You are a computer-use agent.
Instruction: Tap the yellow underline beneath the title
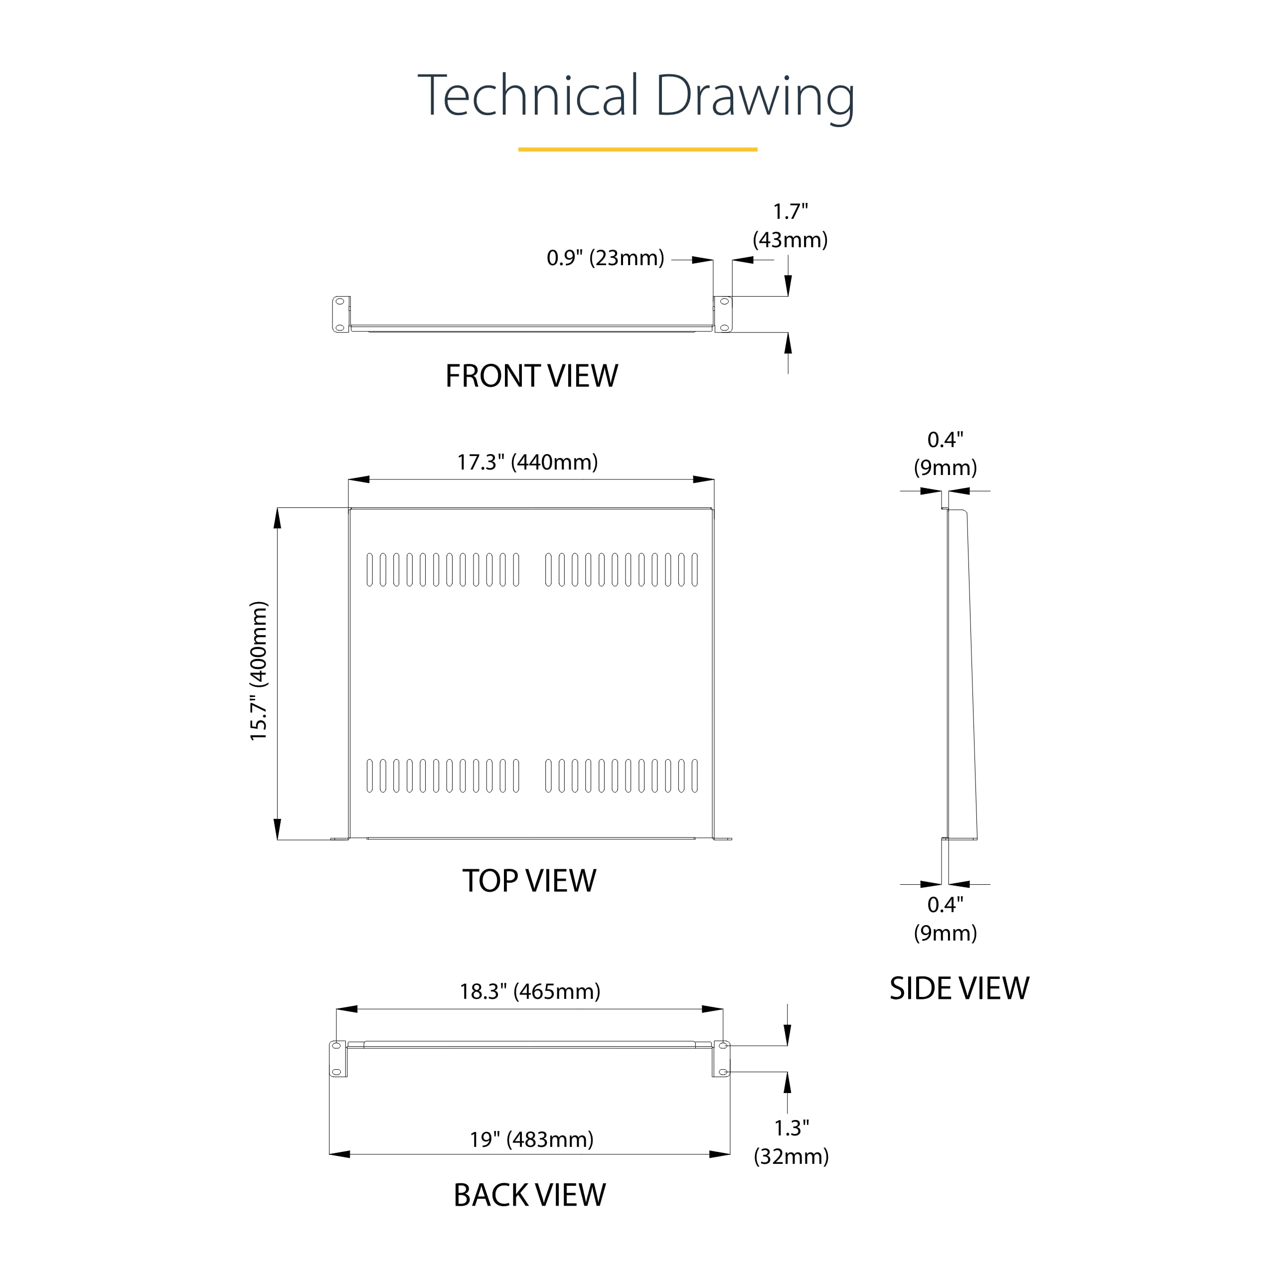(638, 149)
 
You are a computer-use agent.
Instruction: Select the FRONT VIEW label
(532, 376)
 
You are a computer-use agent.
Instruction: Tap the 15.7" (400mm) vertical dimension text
(258, 671)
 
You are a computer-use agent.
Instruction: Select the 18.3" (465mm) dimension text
(530, 991)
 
